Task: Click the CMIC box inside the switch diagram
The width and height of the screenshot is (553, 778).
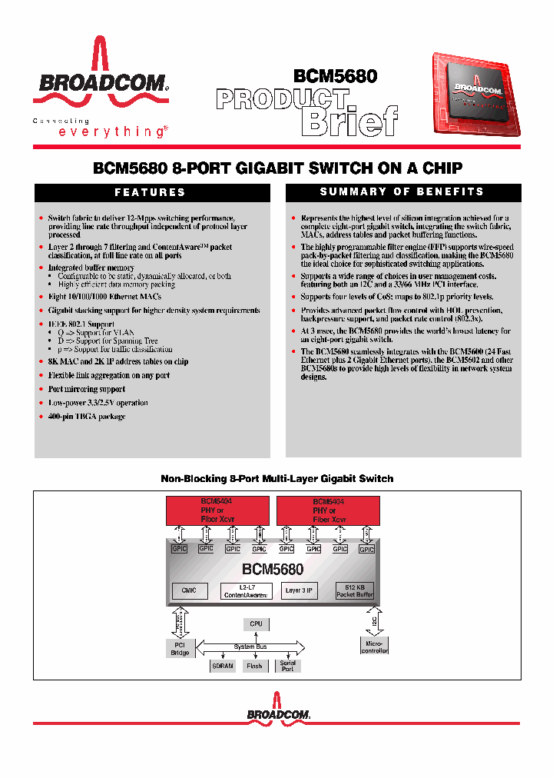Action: [x=190, y=591]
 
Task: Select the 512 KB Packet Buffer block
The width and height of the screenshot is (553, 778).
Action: [x=355, y=591]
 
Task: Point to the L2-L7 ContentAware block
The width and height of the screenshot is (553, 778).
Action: [x=246, y=591]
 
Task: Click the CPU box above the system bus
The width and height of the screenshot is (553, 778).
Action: [x=256, y=623]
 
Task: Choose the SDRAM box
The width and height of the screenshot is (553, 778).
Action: [x=222, y=666]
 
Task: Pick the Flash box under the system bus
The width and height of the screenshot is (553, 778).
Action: [x=255, y=666]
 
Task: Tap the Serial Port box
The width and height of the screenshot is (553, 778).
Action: [x=288, y=665]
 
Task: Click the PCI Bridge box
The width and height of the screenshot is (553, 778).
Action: [x=179, y=649]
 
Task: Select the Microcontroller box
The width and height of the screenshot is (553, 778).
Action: [x=374, y=646]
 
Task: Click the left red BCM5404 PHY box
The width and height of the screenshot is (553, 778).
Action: [x=217, y=510]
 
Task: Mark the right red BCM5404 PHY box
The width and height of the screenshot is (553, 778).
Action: [x=328, y=510]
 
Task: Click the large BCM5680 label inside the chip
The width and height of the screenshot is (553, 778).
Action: [x=273, y=570]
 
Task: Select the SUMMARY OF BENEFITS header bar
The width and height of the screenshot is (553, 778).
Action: [x=402, y=192]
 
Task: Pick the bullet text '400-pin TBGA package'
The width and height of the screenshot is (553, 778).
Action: [x=87, y=417]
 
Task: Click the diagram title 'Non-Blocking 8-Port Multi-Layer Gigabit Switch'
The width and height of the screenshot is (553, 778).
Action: [x=276, y=478]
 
